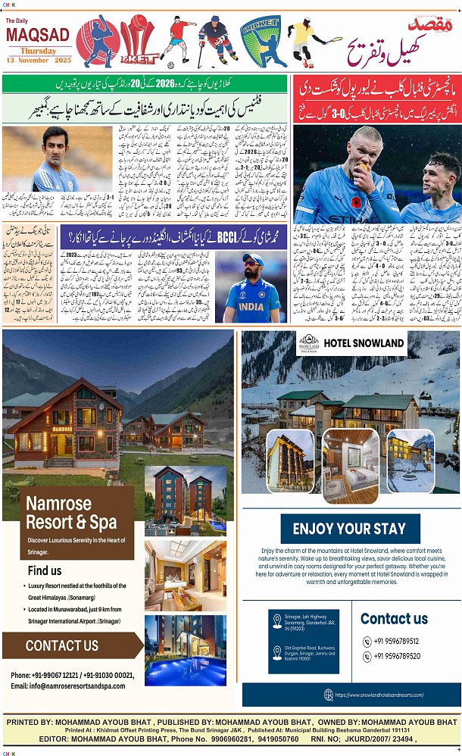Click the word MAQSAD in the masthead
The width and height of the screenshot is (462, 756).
(x=38, y=34)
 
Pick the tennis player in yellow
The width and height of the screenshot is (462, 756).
(x=306, y=42)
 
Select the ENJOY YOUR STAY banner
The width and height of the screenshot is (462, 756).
(x=349, y=529)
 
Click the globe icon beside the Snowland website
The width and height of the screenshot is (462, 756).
(x=328, y=694)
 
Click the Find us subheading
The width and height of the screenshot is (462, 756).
(x=45, y=570)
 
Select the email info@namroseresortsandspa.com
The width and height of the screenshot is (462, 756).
(x=68, y=686)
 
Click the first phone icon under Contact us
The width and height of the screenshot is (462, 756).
(x=367, y=641)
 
